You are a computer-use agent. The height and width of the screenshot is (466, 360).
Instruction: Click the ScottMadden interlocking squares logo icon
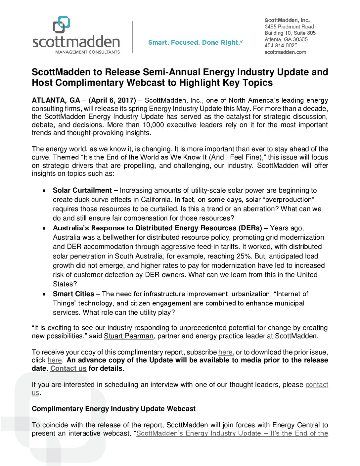(61, 24)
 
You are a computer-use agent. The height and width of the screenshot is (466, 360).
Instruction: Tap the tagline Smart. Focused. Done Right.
(195, 42)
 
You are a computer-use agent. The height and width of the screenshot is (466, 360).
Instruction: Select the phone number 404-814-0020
(281, 46)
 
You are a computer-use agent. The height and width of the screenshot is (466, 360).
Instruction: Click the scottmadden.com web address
(285, 52)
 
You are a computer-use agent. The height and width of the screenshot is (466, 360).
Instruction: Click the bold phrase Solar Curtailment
(82, 190)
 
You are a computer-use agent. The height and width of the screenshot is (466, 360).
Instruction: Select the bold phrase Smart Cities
(73, 294)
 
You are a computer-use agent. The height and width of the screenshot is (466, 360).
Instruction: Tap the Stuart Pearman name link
(129, 336)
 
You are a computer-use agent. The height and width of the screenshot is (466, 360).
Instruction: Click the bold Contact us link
(68, 368)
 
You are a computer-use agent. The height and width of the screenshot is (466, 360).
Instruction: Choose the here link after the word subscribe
(225, 352)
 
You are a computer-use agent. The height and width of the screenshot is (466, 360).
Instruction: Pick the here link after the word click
(55, 360)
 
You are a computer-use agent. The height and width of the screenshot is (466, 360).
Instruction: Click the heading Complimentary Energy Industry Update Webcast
(113, 409)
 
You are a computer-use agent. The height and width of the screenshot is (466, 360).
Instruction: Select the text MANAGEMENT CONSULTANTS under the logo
(87, 52)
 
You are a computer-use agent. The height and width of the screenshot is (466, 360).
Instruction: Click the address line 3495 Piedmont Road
(289, 26)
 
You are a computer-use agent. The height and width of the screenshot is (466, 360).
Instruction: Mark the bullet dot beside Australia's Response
(44, 228)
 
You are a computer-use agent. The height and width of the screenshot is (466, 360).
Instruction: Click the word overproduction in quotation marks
(289, 200)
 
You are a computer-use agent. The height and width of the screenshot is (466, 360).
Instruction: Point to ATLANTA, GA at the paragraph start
(56, 100)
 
